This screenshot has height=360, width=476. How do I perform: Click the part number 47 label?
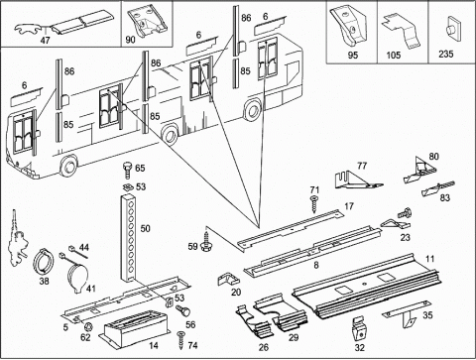[x=45, y=41]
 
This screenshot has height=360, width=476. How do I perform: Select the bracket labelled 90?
[x=147, y=22]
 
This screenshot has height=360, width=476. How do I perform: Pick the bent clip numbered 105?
[x=402, y=31]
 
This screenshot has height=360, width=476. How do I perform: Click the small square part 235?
[x=453, y=31]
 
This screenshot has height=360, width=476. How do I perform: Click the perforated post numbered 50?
[x=129, y=239]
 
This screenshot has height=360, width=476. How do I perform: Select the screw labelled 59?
[x=206, y=241]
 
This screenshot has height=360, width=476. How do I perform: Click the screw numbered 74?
[x=181, y=340]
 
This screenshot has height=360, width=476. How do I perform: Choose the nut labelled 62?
[x=88, y=327]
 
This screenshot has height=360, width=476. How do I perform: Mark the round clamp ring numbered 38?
[x=44, y=262]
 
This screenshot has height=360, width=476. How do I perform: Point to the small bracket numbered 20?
[x=228, y=279]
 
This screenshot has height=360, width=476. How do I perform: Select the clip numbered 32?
[x=360, y=329]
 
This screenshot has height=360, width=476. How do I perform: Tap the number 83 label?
[x=445, y=197]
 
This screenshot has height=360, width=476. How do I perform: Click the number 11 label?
[x=429, y=259]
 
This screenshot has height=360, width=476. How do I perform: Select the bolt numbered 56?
[x=182, y=310]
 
